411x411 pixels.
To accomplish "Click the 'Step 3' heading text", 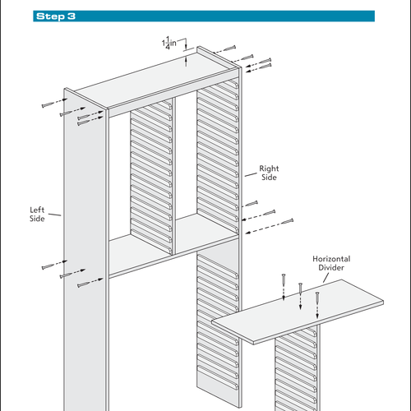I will pyautogui.click(x=57, y=16).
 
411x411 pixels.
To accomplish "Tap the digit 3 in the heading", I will pyautogui.click(x=73, y=16).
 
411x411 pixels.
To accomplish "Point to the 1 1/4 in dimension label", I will pyautogui.click(x=169, y=43).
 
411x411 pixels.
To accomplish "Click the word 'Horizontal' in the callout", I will pyautogui.click(x=330, y=259).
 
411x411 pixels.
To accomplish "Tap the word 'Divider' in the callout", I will pyautogui.click(x=330, y=269).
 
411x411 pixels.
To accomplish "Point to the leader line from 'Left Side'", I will pyautogui.click(x=55, y=215).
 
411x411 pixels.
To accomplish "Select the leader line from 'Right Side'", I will pyautogui.click(x=251, y=174).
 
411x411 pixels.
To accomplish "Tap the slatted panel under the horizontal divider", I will pyautogui.click(x=296, y=370).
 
